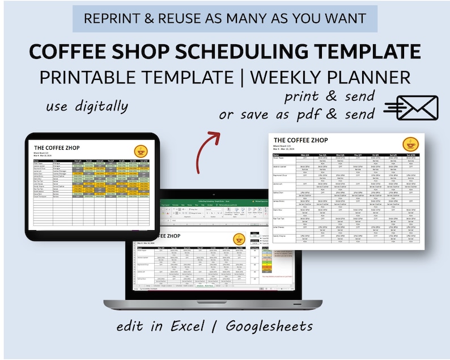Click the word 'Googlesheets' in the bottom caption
point(269,326)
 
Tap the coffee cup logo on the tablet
point(142,151)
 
